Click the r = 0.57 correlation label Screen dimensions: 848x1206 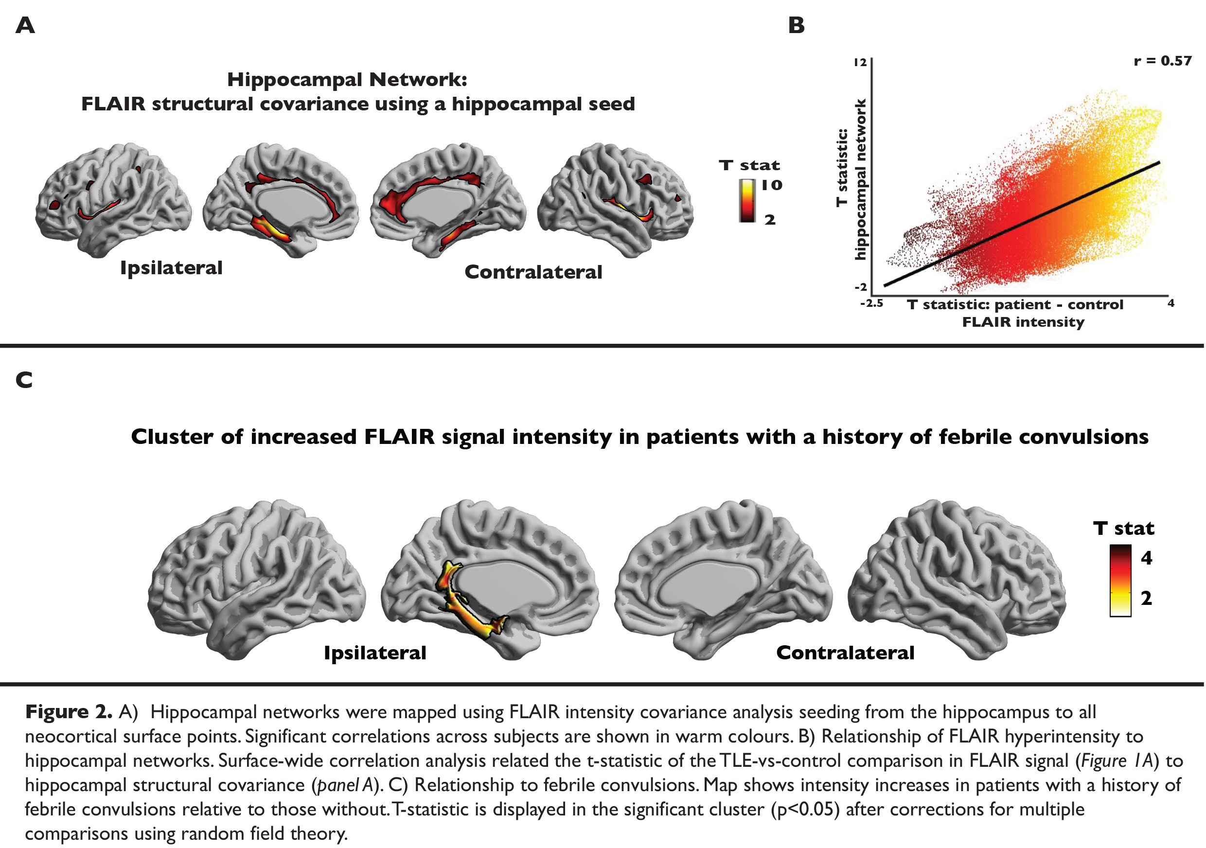[x=1162, y=61]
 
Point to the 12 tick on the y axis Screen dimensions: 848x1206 [x=860, y=63]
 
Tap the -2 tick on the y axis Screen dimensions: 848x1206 [x=860, y=287]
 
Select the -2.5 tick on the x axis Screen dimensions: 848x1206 [x=871, y=303]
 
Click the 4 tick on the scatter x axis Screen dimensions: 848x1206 [x=1171, y=303]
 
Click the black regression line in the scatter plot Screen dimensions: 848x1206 [x=1022, y=224]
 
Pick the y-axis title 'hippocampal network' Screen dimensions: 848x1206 [x=860, y=179]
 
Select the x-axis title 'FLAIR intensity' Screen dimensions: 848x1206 [x=1023, y=322]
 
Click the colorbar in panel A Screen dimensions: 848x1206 [x=747, y=201]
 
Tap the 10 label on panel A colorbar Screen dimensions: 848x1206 [x=771, y=185]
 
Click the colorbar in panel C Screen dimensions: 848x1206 [x=1120, y=580]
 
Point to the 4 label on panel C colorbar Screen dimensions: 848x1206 [x=1147, y=558]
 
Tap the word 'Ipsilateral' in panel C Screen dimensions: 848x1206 [x=375, y=653]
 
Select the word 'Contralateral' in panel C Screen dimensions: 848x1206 [x=845, y=653]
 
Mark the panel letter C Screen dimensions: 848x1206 [x=24, y=380]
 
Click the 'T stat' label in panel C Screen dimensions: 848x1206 [x=1123, y=528]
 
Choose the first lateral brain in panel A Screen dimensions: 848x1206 [x=113, y=199]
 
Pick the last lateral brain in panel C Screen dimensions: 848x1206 [x=956, y=578]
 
